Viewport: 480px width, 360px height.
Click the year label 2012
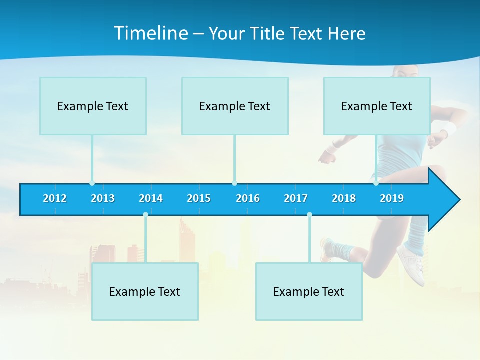click(x=55, y=198)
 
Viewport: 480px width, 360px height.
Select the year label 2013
click(x=103, y=198)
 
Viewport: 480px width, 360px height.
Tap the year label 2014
click(x=151, y=198)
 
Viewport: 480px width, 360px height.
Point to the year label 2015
click(x=199, y=198)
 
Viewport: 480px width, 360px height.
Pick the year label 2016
click(x=248, y=198)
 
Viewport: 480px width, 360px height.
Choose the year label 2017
click(x=296, y=198)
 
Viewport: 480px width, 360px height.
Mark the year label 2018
click(x=344, y=198)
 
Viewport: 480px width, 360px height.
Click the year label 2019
click(x=392, y=198)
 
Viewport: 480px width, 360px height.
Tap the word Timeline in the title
click(x=150, y=33)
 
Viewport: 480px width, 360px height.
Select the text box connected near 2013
click(x=93, y=106)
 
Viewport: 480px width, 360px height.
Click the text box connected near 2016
click(x=235, y=106)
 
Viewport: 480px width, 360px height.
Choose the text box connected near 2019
click(x=377, y=106)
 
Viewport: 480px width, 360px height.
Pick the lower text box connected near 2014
click(x=145, y=291)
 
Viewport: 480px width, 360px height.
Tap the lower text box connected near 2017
click(x=309, y=291)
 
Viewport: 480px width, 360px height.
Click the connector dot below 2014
click(x=145, y=214)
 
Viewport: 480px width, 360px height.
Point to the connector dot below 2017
click(x=309, y=214)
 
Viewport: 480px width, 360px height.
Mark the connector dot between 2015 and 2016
click(x=234, y=183)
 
